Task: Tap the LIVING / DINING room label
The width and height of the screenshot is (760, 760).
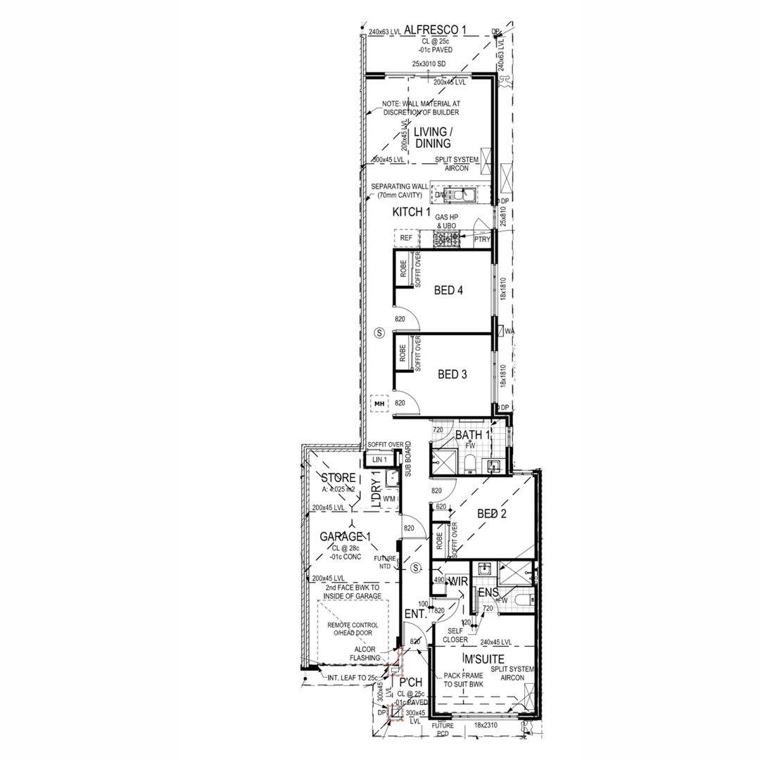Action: tap(432, 137)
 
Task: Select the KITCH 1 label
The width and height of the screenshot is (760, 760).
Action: tap(412, 212)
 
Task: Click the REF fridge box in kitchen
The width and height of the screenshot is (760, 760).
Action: tap(406, 239)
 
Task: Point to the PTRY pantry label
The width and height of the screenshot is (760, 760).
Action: tap(482, 240)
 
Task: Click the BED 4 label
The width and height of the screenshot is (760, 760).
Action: tap(448, 290)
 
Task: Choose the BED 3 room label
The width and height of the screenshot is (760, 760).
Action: tap(452, 374)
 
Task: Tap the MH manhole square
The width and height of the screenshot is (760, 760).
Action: tap(379, 404)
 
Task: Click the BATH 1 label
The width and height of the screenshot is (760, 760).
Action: tap(472, 436)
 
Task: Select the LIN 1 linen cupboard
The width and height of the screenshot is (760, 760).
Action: tap(380, 460)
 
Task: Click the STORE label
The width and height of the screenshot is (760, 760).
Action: tap(338, 479)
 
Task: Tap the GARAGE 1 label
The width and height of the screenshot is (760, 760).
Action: tap(346, 536)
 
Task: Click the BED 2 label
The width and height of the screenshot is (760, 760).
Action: tap(492, 514)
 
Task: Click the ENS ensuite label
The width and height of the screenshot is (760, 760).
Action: tap(488, 593)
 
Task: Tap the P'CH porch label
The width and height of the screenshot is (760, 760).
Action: tap(410, 682)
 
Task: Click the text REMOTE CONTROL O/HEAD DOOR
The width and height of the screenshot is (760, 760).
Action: tap(353, 629)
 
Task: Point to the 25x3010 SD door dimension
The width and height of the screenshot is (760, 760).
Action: tap(429, 64)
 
